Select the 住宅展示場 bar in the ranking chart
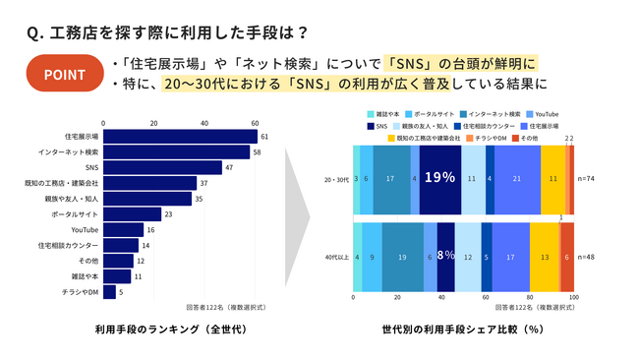pos(179,137)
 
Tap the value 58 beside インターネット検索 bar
pos(257,152)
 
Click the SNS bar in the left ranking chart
pos(161,168)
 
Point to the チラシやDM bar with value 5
pos(108,291)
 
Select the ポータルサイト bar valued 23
pos(132,213)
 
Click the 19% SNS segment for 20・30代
pos(439,179)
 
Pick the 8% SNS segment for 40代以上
pos(444,257)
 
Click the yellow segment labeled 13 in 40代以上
pos(545,257)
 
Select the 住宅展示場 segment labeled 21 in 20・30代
pos(517,179)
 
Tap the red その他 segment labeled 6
pos(567,257)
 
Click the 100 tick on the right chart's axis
pos(574,296)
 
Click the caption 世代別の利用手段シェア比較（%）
pos(464,328)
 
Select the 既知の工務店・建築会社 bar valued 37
pos(149,183)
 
